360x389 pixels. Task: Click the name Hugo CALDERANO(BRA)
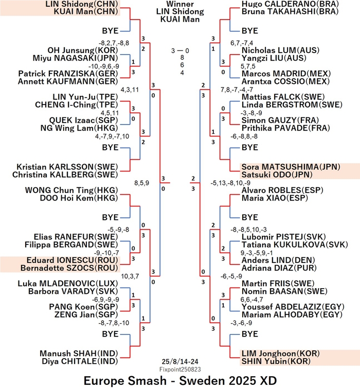[x=290, y=4]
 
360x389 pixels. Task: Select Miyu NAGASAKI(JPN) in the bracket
[x=76, y=58]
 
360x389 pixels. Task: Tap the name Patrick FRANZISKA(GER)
[x=68, y=74]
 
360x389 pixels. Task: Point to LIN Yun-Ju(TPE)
[x=85, y=97]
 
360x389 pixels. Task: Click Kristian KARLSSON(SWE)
[x=67, y=167]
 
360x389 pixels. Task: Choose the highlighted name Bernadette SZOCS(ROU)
[x=69, y=268]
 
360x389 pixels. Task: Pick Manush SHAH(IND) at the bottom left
[x=79, y=353]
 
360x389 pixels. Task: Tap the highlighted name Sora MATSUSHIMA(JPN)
[x=291, y=167]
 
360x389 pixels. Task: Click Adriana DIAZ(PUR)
[x=279, y=268]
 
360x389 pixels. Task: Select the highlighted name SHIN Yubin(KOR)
[x=276, y=361]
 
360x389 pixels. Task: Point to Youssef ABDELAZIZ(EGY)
[x=293, y=307]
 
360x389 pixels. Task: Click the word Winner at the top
[x=180, y=4]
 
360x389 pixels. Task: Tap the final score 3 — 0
[x=180, y=51]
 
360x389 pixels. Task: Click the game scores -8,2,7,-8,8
[x=114, y=43]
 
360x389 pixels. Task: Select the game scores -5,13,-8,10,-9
[x=230, y=183]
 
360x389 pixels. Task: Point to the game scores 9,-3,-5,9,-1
[x=257, y=253]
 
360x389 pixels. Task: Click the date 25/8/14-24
[x=180, y=362]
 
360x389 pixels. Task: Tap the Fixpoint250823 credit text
[x=180, y=369]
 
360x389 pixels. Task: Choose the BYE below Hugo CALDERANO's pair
[x=250, y=31]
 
